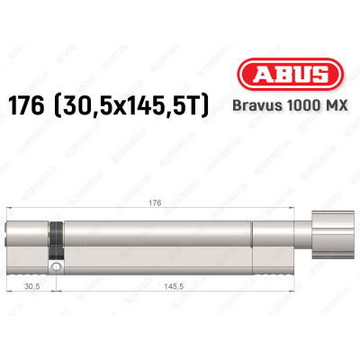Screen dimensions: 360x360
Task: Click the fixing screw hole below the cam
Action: click(x=58, y=268)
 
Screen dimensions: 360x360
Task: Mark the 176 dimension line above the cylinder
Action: click(x=108, y=211)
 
